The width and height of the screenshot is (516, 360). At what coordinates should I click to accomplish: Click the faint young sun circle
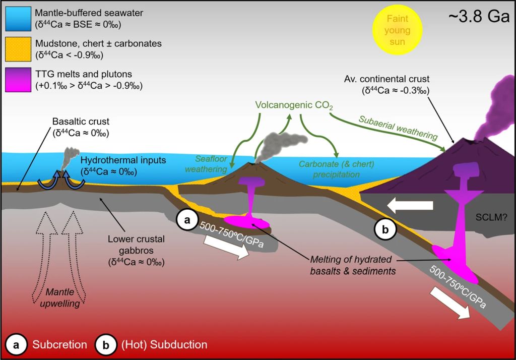pyautogui.click(x=398, y=30)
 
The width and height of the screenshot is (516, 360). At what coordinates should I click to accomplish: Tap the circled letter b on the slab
pyautogui.click(x=384, y=229)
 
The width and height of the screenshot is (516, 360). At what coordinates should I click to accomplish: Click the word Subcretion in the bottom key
pyautogui.click(x=56, y=345)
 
